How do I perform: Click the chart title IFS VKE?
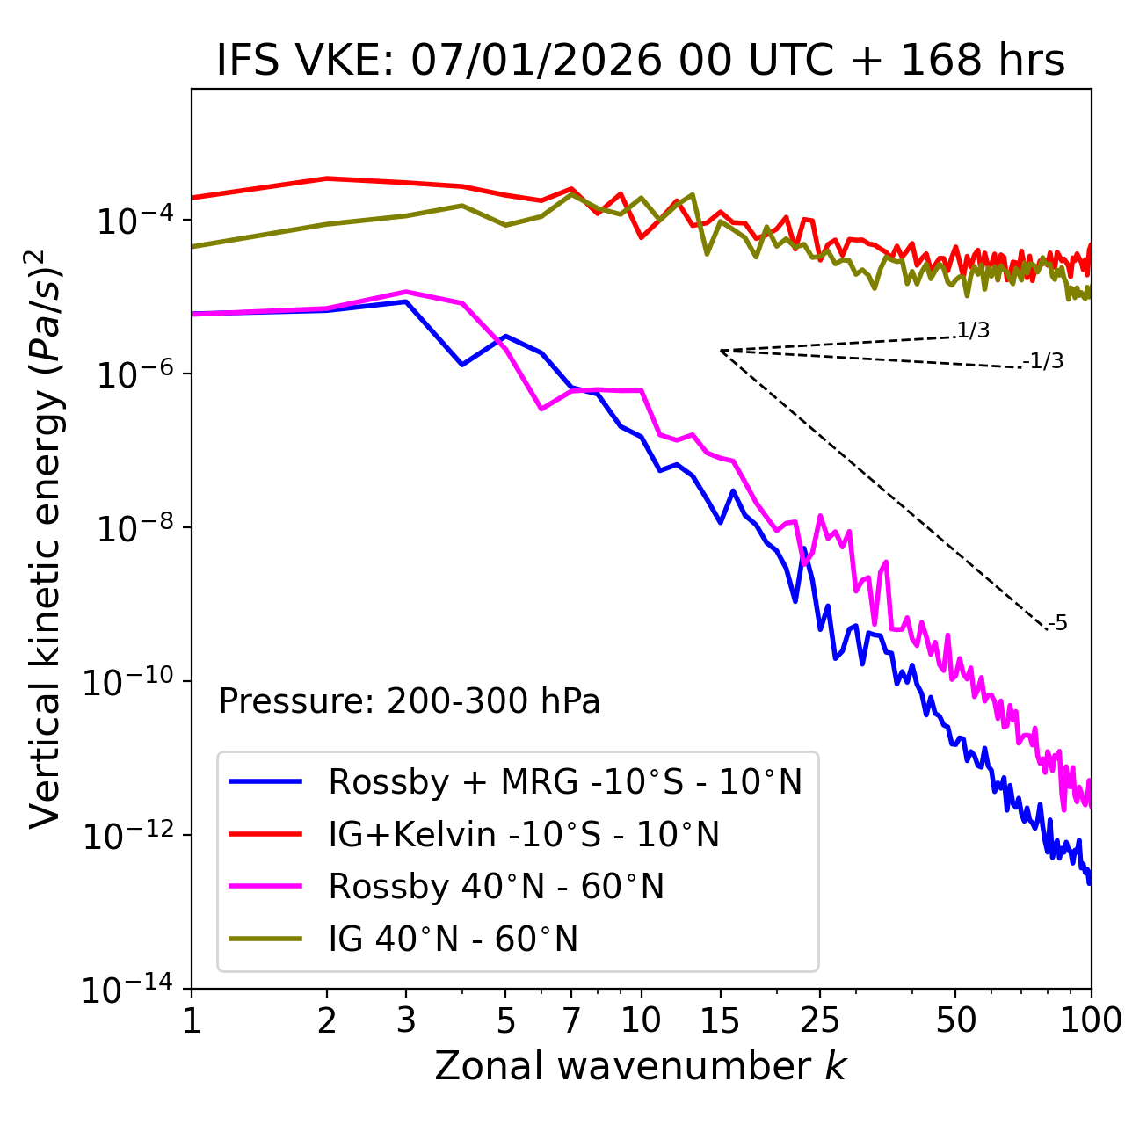click(640, 62)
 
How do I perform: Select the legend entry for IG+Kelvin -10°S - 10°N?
click(524, 835)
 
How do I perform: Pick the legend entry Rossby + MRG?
click(565, 782)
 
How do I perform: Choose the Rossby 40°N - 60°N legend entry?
click(496, 888)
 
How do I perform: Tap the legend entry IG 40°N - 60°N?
click(453, 940)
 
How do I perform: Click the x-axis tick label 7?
click(571, 1020)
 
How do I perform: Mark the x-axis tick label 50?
click(955, 1020)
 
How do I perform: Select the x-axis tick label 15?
click(720, 1020)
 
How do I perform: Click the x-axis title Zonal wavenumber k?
click(640, 1067)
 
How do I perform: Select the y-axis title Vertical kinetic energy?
click(46, 538)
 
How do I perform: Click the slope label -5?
click(1058, 624)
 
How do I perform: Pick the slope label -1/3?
click(1044, 361)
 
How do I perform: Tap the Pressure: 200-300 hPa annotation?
click(410, 702)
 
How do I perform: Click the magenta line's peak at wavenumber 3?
click(405, 292)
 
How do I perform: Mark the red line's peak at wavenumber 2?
click(327, 178)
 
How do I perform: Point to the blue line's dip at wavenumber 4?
click(462, 364)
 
